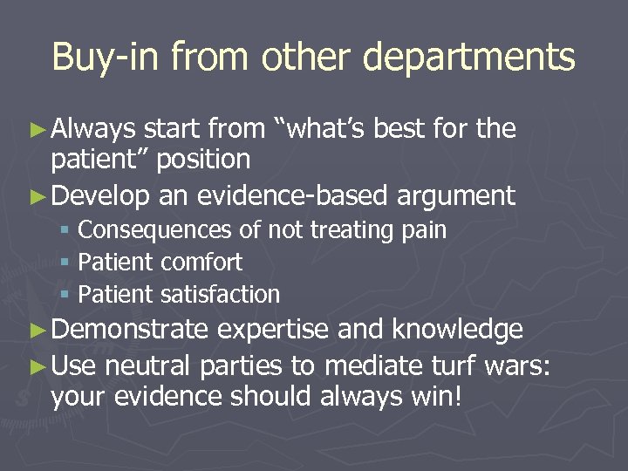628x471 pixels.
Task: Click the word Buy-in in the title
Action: [x=107, y=57]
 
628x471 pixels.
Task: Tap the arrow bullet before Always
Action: [x=38, y=130]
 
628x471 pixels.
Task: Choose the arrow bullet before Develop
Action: [x=38, y=196]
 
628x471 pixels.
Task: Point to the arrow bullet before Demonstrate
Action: [x=38, y=330]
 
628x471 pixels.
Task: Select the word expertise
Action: [x=276, y=331]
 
